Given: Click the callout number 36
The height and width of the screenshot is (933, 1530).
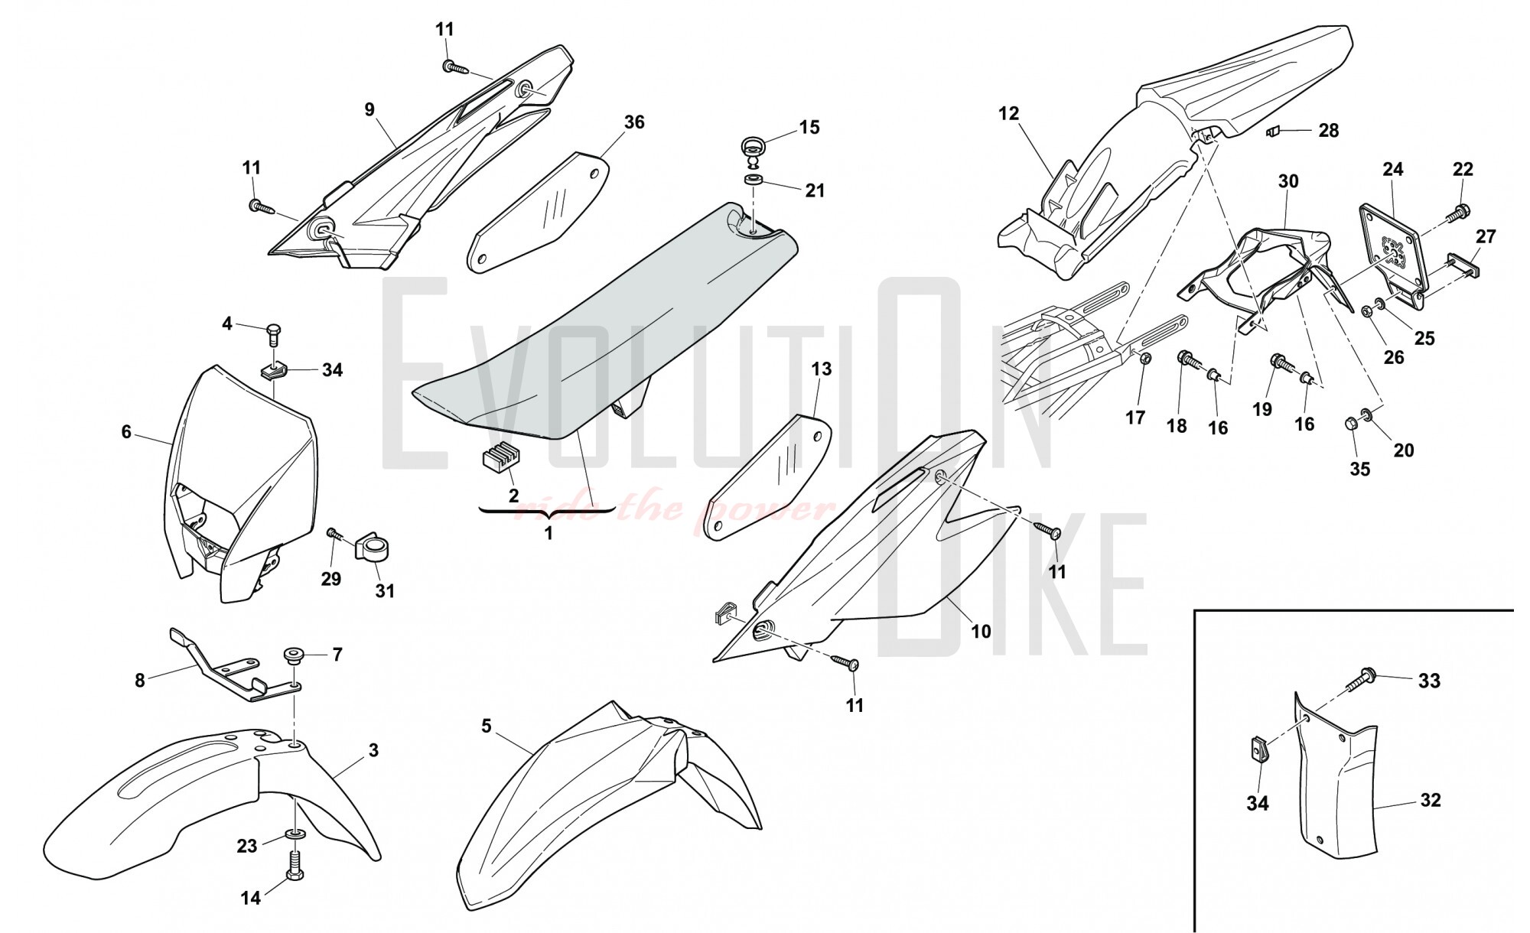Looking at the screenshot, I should (634, 122).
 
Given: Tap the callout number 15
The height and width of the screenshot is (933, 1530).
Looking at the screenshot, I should (809, 128).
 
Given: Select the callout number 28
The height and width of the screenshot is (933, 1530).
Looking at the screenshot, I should (1329, 131).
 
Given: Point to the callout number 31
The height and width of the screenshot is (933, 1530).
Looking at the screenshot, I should (385, 590).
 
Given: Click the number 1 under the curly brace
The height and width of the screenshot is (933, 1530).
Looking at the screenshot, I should (549, 534).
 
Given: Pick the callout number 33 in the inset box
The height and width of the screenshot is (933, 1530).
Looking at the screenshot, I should (1429, 681).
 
